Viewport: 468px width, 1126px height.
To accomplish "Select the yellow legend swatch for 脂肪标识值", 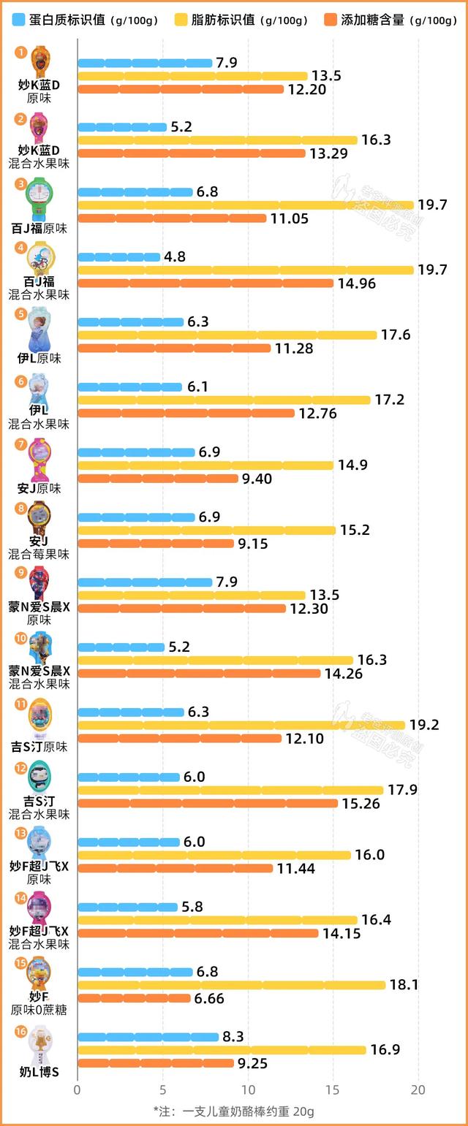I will [x=185, y=20].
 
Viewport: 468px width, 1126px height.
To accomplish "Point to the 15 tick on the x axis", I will [x=333, y=1089].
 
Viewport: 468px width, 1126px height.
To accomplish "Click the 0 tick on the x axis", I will [x=78, y=1089].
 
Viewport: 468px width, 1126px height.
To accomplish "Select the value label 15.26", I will [x=360, y=804].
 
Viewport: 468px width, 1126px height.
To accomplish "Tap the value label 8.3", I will [x=235, y=1037].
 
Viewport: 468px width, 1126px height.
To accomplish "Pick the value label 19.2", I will [x=424, y=726].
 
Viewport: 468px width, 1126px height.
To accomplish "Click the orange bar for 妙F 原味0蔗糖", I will [x=134, y=998].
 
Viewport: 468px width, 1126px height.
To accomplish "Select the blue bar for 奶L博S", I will [x=148, y=1037].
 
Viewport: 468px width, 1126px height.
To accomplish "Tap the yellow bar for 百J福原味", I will [x=246, y=205].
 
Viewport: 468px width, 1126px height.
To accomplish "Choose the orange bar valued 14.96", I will [x=205, y=284].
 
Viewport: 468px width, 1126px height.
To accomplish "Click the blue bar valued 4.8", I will [x=118, y=257].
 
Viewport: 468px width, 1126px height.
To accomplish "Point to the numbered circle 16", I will [x=20, y=1031].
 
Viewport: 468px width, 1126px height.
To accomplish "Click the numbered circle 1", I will [x=20, y=52].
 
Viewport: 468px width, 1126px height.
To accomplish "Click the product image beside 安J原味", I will [x=39, y=460].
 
